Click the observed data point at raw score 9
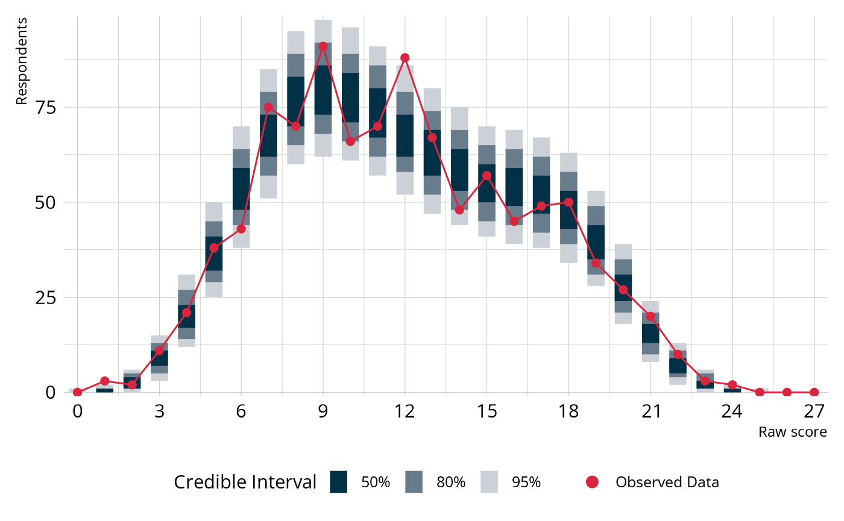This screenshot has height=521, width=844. pyautogui.click(x=323, y=46)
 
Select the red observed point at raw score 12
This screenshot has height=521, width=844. pyautogui.click(x=405, y=58)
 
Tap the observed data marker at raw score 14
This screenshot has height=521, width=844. pyautogui.click(x=459, y=210)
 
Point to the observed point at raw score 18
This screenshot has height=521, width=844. pyautogui.click(x=568, y=202)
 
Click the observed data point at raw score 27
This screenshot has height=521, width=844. pyautogui.click(x=814, y=392)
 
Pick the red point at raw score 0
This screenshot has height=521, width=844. pyautogui.click(x=77, y=392)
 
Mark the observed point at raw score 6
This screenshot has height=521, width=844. pyautogui.click(x=241, y=229)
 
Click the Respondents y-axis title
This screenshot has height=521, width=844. pyautogui.click(x=22, y=61)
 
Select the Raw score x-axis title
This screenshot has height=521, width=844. pyautogui.click(x=792, y=432)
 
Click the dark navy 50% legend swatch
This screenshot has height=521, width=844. pyautogui.click(x=339, y=482)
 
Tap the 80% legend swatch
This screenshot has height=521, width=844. pyautogui.click(x=414, y=482)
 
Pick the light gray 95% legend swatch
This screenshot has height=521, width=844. pyautogui.click(x=490, y=482)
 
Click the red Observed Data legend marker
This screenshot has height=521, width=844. pyautogui.click(x=592, y=482)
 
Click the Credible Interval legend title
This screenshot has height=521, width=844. pyautogui.click(x=245, y=482)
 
